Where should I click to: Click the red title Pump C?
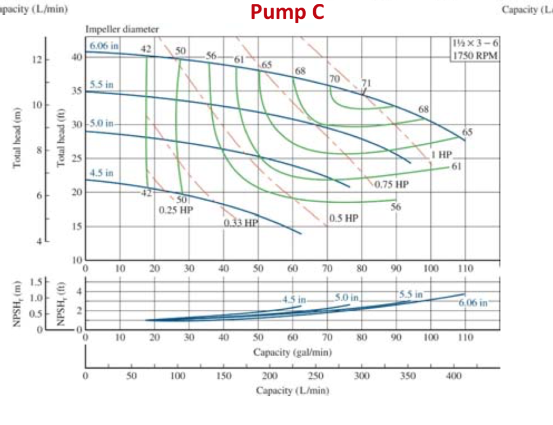pyautogui.click(x=287, y=12)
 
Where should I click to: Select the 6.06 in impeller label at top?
pyautogui.click(x=104, y=46)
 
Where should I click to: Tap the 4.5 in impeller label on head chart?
pyautogui.click(x=101, y=173)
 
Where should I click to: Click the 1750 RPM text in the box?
pyautogui.click(x=474, y=55)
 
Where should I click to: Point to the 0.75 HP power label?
pyautogui.click(x=392, y=184)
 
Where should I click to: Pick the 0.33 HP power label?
pyautogui.click(x=241, y=222)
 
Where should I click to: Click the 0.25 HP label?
pyautogui.click(x=176, y=209)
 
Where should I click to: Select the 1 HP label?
pyautogui.click(x=441, y=155)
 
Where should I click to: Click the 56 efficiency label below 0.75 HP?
pyautogui.click(x=396, y=207)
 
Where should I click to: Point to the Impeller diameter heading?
pyautogui.click(x=122, y=30)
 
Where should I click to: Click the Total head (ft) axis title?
pyautogui.click(x=62, y=140)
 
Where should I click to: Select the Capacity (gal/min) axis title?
pyautogui.click(x=292, y=353)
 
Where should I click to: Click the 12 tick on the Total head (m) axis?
pyautogui.click(x=37, y=59)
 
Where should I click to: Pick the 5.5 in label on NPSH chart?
pyautogui.click(x=412, y=295)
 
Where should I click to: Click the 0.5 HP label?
pyautogui.click(x=343, y=219)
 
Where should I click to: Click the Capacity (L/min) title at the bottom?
pyautogui.click(x=292, y=390)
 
